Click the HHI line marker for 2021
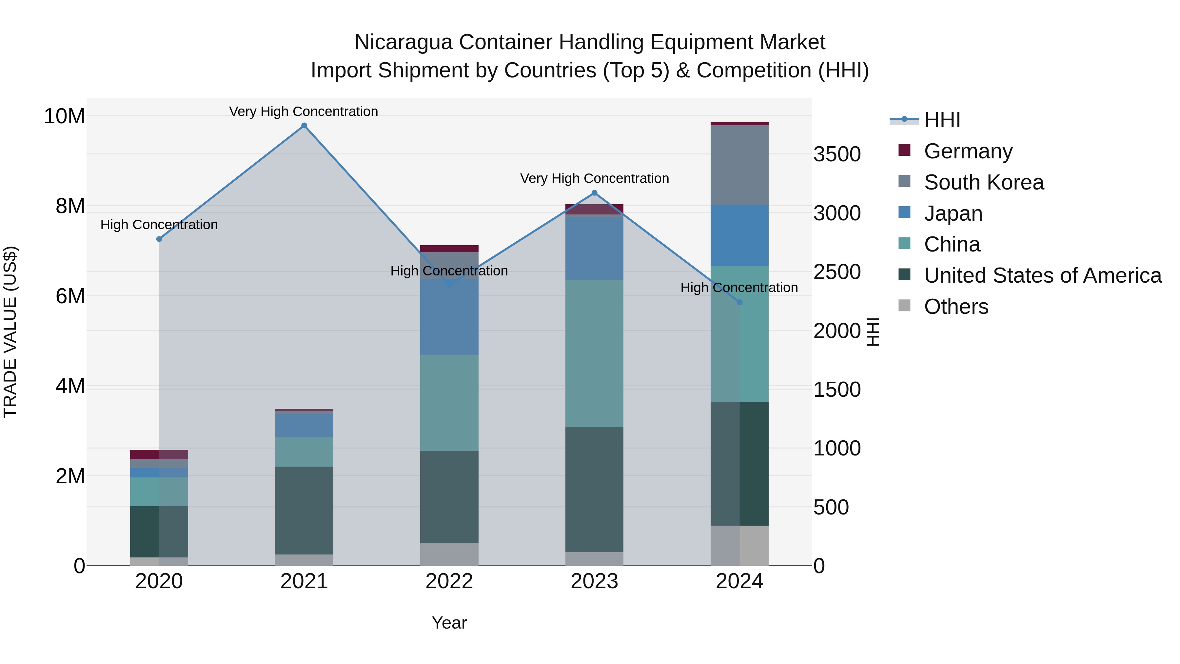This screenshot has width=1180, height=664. pos(304,126)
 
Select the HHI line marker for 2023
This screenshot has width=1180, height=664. pos(595,193)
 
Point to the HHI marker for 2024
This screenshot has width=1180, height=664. pos(739,302)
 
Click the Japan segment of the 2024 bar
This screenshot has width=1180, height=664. pos(739,235)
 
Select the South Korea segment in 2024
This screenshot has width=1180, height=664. pos(739,165)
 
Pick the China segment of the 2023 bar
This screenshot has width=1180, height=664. pos(594,353)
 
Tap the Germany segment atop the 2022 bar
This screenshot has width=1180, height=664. pos(449,249)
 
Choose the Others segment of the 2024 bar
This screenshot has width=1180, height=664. pos(739,545)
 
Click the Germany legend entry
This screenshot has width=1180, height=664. pos(968,151)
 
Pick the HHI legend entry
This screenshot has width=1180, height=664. pos(941,120)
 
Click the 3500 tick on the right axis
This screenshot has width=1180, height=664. pos(837,154)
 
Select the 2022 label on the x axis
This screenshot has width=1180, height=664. pos(449,581)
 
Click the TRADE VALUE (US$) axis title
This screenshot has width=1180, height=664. pos(10,332)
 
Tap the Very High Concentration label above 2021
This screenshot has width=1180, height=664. pos(304,111)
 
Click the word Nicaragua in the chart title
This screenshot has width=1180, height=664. pos(403,42)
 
